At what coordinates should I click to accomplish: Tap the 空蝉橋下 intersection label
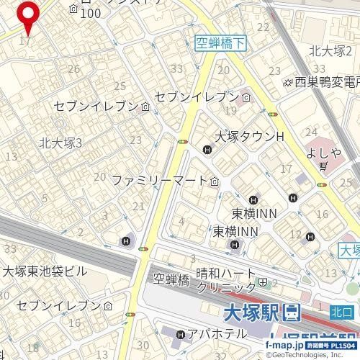click(x=220, y=44)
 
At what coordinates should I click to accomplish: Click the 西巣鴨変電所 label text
click(x=326, y=83)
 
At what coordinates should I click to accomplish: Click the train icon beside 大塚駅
click(x=292, y=313)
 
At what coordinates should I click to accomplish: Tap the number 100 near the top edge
click(x=91, y=14)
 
